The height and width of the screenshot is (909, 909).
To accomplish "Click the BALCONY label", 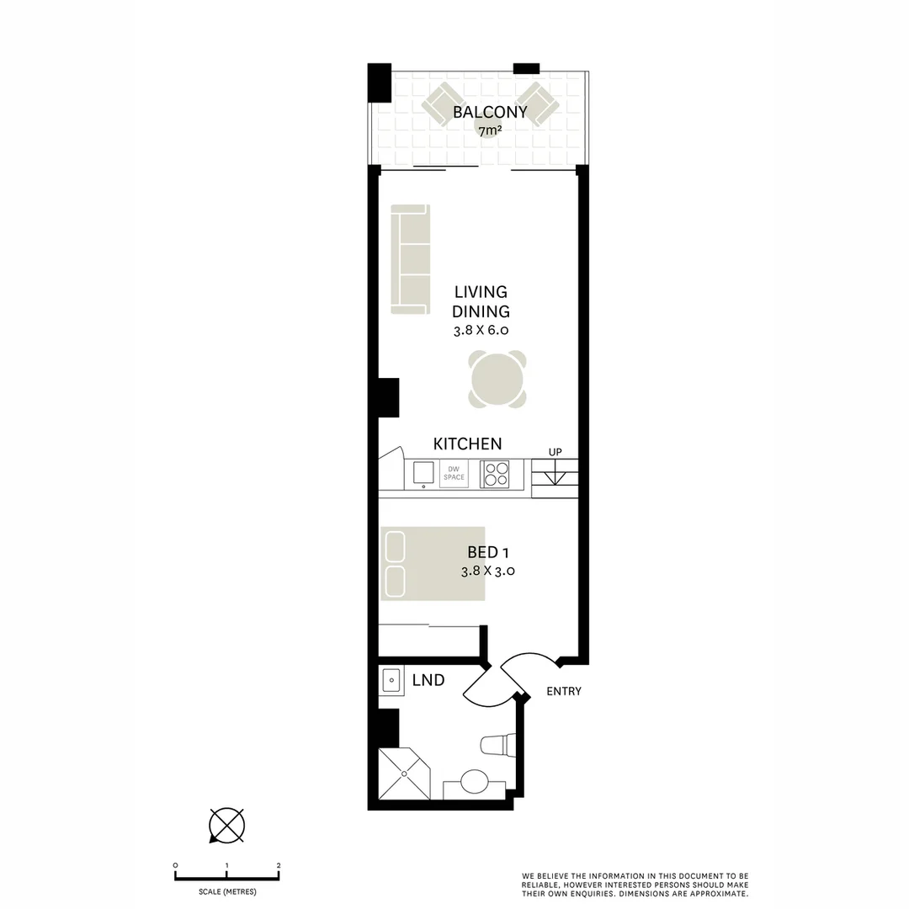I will click(490, 112).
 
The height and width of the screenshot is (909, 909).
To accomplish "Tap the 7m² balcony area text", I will click(490, 130).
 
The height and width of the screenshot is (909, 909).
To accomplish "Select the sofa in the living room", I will click(410, 259).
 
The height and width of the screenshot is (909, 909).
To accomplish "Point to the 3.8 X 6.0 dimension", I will click(481, 331).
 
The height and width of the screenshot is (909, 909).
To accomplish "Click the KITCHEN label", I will click(467, 444).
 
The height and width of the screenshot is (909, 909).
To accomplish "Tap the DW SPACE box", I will click(454, 474).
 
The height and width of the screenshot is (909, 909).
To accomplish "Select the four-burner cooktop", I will click(494, 475).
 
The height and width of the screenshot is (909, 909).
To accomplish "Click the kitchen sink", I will click(422, 474).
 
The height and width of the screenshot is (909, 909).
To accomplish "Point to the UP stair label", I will click(555, 453).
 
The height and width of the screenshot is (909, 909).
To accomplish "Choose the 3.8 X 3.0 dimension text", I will click(487, 571).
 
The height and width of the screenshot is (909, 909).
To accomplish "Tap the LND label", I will click(428, 680).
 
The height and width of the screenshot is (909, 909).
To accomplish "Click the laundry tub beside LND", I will click(391, 680).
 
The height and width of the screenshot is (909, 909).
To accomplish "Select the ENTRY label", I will click(563, 692).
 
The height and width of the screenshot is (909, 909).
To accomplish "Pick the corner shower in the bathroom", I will click(404, 773).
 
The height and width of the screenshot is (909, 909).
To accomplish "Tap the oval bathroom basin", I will click(474, 782).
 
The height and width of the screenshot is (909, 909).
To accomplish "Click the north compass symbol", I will click(226, 824).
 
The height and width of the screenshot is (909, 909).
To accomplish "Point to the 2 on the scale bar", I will click(279, 865).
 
